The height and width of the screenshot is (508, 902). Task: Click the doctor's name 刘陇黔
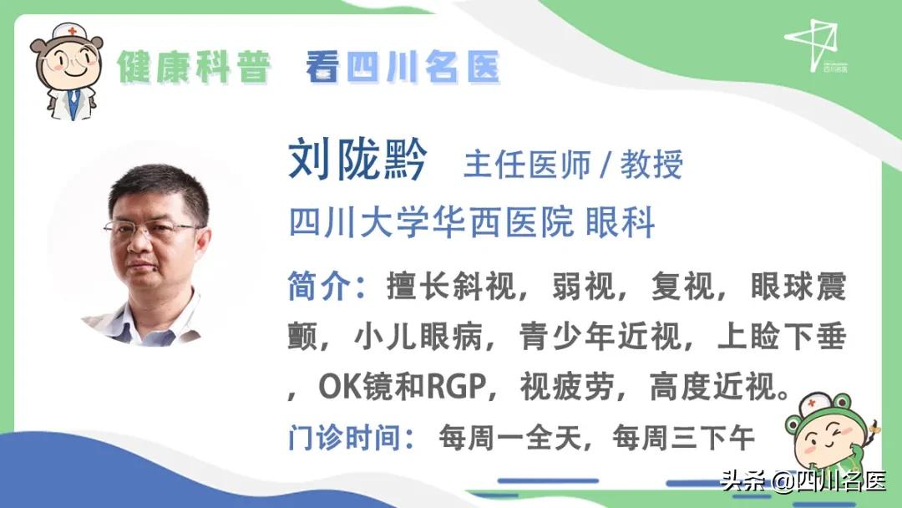[357, 160]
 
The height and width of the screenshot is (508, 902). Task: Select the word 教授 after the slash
[651, 165]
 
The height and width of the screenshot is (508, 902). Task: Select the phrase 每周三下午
[683, 436]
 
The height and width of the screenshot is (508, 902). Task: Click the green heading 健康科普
[194, 67]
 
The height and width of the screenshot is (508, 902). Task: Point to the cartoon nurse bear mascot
[68, 70]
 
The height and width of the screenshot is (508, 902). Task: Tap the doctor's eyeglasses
[152, 227]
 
